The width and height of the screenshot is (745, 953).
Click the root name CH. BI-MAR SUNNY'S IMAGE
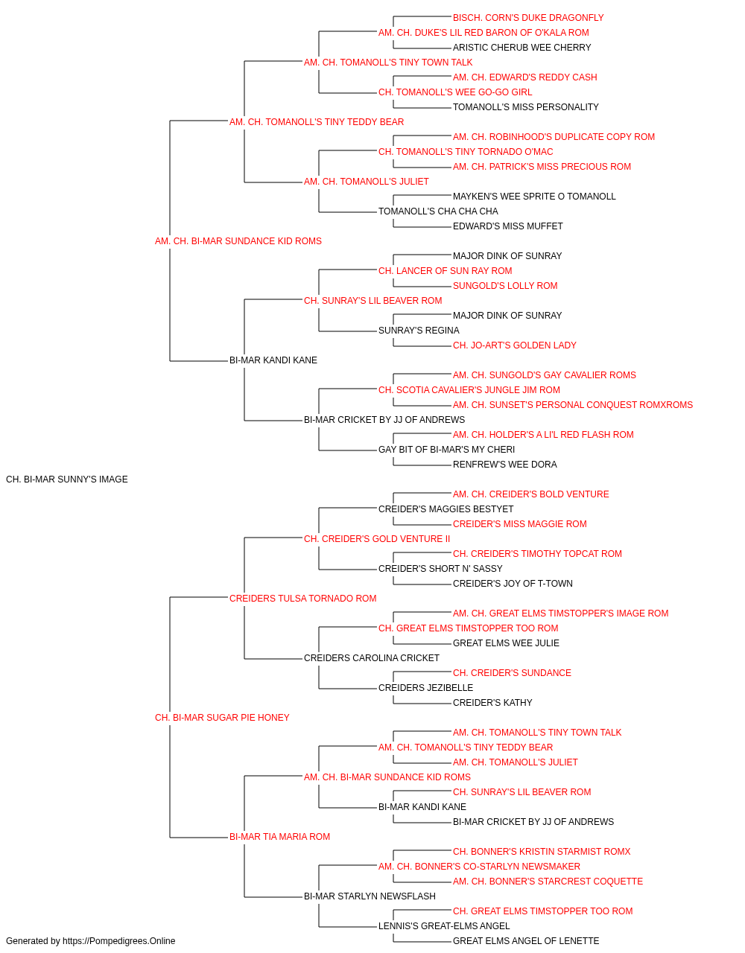click(x=67, y=479)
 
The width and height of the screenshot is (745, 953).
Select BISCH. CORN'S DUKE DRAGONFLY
click(x=528, y=18)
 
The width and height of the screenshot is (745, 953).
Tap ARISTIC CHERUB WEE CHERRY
click(x=521, y=48)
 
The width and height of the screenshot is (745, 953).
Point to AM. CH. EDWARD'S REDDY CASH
click(x=524, y=77)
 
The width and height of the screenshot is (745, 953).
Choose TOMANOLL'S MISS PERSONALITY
click(x=526, y=107)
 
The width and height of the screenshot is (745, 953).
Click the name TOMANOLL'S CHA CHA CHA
click(x=438, y=211)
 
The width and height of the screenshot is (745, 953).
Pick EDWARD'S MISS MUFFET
click(x=507, y=226)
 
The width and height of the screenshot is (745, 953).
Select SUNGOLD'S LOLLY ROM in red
click(x=505, y=286)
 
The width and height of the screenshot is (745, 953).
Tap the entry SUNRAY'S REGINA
click(x=419, y=331)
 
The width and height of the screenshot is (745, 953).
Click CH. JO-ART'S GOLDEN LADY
click(x=514, y=345)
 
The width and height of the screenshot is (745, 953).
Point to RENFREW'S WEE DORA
click(x=504, y=465)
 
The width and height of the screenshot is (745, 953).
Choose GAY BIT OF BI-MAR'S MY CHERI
click(x=446, y=450)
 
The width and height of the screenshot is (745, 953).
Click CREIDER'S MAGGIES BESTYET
click(x=446, y=509)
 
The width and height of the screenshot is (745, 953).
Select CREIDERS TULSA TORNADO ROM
click(x=302, y=599)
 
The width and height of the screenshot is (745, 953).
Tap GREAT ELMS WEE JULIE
click(x=506, y=643)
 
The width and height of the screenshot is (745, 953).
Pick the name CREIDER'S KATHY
click(x=492, y=703)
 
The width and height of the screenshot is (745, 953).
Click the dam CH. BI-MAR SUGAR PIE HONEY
click(x=222, y=718)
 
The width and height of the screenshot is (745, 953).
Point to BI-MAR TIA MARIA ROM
click(x=279, y=837)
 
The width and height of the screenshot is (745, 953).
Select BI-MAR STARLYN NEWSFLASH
click(x=370, y=896)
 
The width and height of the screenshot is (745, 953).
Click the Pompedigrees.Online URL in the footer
click(x=118, y=941)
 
